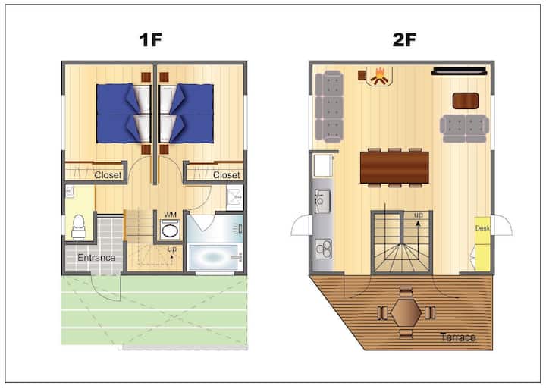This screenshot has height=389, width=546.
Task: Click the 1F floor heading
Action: pyautogui.click(x=151, y=39)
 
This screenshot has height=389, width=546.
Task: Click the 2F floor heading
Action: pyautogui.click(x=404, y=39)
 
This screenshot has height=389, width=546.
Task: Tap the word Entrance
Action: pyautogui.click(x=96, y=258)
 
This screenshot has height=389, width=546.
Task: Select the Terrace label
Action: pyautogui.click(x=457, y=337)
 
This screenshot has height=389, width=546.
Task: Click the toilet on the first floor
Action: pyautogui.click(x=79, y=227)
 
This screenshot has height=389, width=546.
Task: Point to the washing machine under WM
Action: pyautogui.click(x=170, y=230)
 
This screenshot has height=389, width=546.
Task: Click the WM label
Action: pyautogui.click(x=170, y=215)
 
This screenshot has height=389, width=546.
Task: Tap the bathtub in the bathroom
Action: pyautogui.click(x=215, y=257)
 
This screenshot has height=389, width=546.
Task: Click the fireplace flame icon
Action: pyautogui.click(x=379, y=77)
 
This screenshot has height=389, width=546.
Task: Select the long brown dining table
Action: pyautogui.click(x=394, y=168)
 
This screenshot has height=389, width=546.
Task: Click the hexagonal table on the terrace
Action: pyautogui.click(x=406, y=312)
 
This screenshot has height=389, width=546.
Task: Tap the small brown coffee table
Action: pyautogui.click(x=465, y=101)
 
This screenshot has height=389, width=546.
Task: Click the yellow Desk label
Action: pyautogui.click(x=482, y=228)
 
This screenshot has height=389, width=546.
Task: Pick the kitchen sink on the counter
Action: pyautogui.click(x=322, y=201)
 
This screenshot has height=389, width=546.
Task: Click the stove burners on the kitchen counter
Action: pyautogui.click(x=324, y=249)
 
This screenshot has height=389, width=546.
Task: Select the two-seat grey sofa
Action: pyautogui.click(x=465, y=128)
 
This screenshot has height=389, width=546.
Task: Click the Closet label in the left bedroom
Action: pyautogui.click(x=108, y=175)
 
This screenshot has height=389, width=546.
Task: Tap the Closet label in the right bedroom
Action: pyautogui.click(x=226, y=175)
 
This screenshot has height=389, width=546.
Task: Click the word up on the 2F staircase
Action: pyautogui.click(x=418, y=215)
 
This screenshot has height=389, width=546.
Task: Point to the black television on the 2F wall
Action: pyautogui.click(x=459, y=71)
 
